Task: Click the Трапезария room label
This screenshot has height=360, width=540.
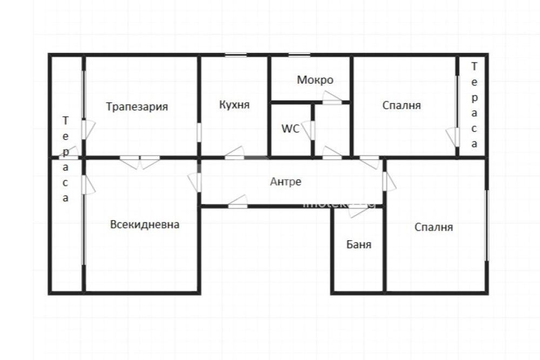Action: tap(137, 107)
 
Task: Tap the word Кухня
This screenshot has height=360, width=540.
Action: tap(234, 105)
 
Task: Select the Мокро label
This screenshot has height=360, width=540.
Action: tap(315, 80)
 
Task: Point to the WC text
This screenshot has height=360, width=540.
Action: tap(290, 128)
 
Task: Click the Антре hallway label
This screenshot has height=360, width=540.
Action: tap(286, 181)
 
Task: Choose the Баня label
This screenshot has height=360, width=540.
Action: tap(359, 244)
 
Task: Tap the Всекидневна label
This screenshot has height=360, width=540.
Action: tap(145, 225)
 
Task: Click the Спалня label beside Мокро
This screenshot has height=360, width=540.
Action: tap(402, 105)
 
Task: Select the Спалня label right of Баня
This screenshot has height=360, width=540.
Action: tap(434, 227)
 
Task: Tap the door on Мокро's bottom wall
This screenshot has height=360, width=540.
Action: tap(332, 98)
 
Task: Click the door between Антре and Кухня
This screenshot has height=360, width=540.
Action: tap(235, 153)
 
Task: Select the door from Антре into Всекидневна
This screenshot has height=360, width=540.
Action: tap(195, 182)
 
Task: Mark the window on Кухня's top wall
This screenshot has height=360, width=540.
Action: tap(236, 55)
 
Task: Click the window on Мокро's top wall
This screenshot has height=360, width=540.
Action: tap(299, 55)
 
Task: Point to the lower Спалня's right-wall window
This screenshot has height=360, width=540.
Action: tap(487, 226)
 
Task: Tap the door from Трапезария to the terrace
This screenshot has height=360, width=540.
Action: tap(88, 130)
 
